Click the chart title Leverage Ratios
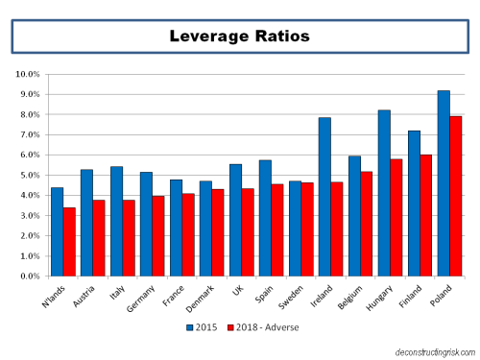pos(239,36)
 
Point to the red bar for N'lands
pos(70,241)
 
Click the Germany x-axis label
pos(135,295)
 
